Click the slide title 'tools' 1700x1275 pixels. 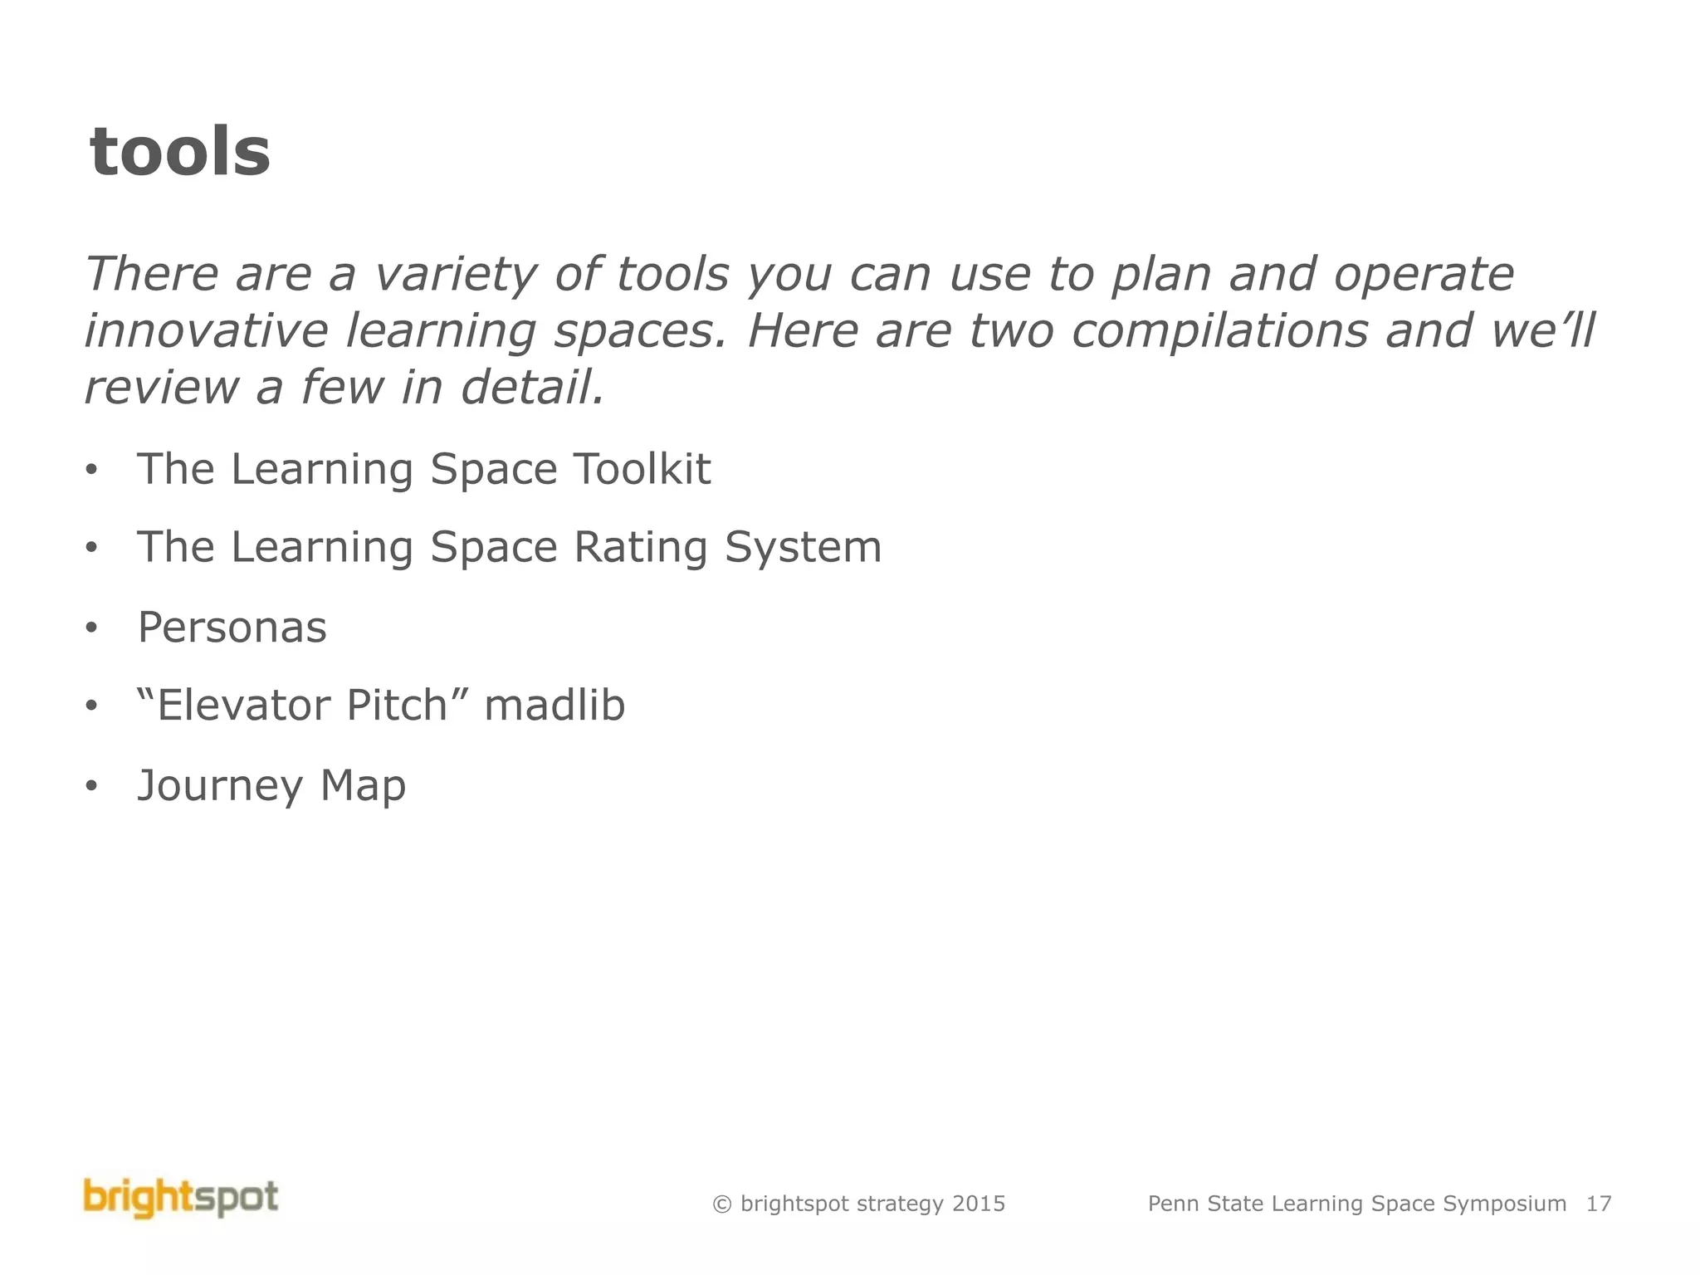[179, 153]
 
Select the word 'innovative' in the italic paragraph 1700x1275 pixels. [207, 330]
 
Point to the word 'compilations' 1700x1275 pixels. [1219, 330]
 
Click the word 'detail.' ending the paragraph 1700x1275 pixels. [533, 388]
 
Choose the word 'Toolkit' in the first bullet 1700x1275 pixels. [642, 469]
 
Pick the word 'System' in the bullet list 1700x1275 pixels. [803, 548]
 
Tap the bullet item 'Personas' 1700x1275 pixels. [232, 627]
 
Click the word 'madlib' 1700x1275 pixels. [554, 706]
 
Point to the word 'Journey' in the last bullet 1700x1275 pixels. [220, 786]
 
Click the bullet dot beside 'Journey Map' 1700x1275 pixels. [91, 785]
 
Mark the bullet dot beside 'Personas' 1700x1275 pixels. [91, 628]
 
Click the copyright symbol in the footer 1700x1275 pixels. [722, 1204]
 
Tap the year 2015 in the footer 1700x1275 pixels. [979, 1204]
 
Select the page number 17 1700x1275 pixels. [1599, 1204]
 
